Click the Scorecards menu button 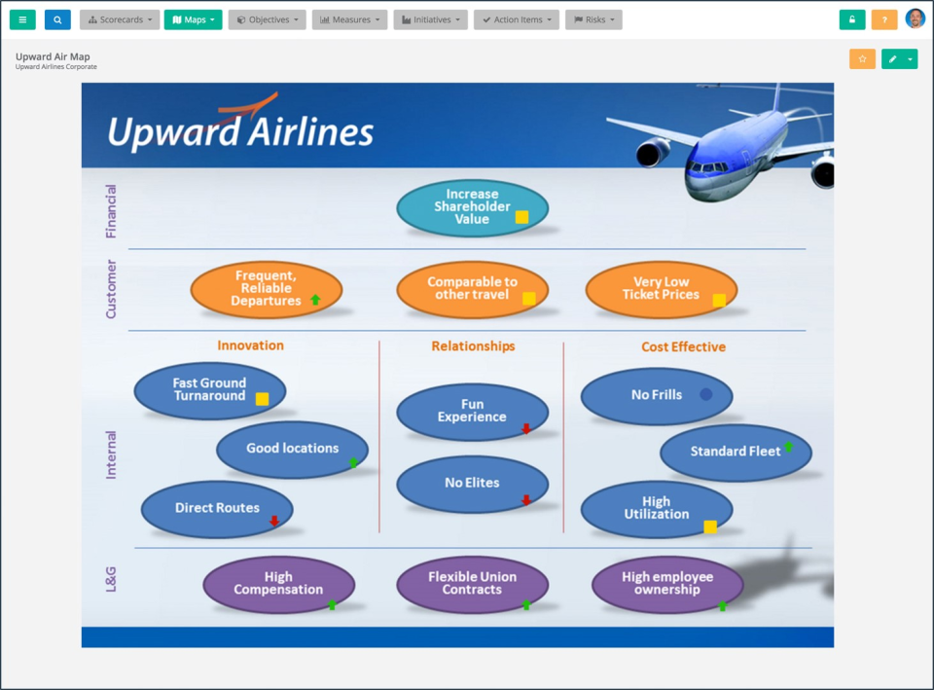(x=120, y=19)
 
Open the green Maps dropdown (x=193, y=19)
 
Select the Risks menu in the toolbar (x=593, y=19)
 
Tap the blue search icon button (x=57, y=19)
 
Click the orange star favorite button (x=862, y=59)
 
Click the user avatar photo (x=915, y=19)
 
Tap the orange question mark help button (x=884, y=19)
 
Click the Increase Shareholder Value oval (x=473, y=207)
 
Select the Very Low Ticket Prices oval (x=662, y=289)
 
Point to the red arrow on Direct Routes (x=274, y=521)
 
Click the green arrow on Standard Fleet (x=789, y=447)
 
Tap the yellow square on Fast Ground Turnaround (x=262, y=399)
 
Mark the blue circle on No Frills (x=706, y=394)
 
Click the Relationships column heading (x=473, y=346)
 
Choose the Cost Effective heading (x=683, y=346)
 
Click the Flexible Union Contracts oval (x=473, y=584)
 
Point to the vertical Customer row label (x=111, y=289)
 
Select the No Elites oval (x=473, y=484)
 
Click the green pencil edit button (x=893, y=59)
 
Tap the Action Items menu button (x=517, y=19)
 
